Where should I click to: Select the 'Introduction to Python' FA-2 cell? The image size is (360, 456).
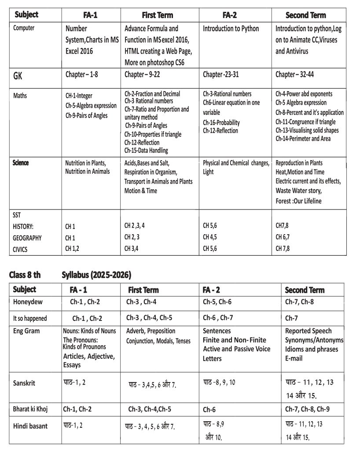pos(231,29)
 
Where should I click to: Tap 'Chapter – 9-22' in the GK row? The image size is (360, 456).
pos(142,74)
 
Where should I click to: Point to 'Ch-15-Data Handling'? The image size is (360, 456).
pos(146,151)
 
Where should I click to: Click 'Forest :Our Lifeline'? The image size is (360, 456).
pos(298,201)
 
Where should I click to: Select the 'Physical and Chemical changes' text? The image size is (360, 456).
pos(236,163)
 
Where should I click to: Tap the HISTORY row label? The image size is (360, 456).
pos(23,226)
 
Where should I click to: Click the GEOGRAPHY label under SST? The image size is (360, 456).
pos(27,238)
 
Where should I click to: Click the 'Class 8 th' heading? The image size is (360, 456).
pos(25,275)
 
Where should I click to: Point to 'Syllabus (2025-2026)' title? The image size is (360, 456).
pos(96,275)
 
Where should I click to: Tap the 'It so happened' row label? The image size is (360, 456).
pos(30,318)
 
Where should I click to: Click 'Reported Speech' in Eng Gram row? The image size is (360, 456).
pos(308,331)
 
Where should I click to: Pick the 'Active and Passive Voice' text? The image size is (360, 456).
pos(236,349)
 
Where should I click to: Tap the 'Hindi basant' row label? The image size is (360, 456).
pos(30,426)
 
